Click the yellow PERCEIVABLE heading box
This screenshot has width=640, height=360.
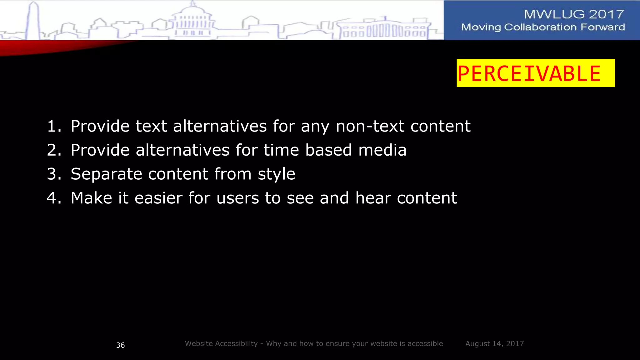(x=535, y=73)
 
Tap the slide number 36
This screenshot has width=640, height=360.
(x=120, y=345)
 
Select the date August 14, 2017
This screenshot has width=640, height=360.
(x=494, y=344)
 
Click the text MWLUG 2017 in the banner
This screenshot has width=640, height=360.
(x=574, y=14)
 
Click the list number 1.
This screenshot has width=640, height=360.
(x=53, y=126)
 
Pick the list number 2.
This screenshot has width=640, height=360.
(x=53, y=150)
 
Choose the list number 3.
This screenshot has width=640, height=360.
(x=53, y=174)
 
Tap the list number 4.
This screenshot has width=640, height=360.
(x=53, y=198)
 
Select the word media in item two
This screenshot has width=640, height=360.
(x=382, y=150)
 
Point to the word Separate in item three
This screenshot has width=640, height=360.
(x=106, y=174)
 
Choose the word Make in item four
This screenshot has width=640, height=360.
(x=91, y=198)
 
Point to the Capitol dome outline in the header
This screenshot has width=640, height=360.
(x=192, y=19)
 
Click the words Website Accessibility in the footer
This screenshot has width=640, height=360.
(x=221, y=344)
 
